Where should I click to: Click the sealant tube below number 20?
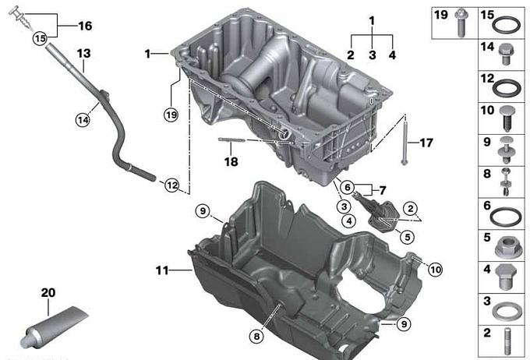(54, 326)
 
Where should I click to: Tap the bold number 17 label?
(426, 143)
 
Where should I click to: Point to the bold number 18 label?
(231, 161)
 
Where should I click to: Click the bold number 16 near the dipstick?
(85, 26)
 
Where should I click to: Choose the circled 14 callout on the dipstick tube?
(83, 120)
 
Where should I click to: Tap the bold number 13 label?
(83, 54)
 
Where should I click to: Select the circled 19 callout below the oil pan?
(171, 115)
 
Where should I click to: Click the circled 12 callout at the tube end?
(172, 185)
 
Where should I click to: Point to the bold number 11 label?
(162, 270)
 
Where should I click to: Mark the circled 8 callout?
(256, 337)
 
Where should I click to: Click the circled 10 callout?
(436, 270)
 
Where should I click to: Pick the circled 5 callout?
(408, 237)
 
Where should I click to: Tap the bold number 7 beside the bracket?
(382, 191)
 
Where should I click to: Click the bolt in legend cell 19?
(460, 23)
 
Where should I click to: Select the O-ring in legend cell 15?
(506, 26)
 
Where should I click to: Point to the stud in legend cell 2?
(507, 341)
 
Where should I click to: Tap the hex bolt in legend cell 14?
(506, 54)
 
